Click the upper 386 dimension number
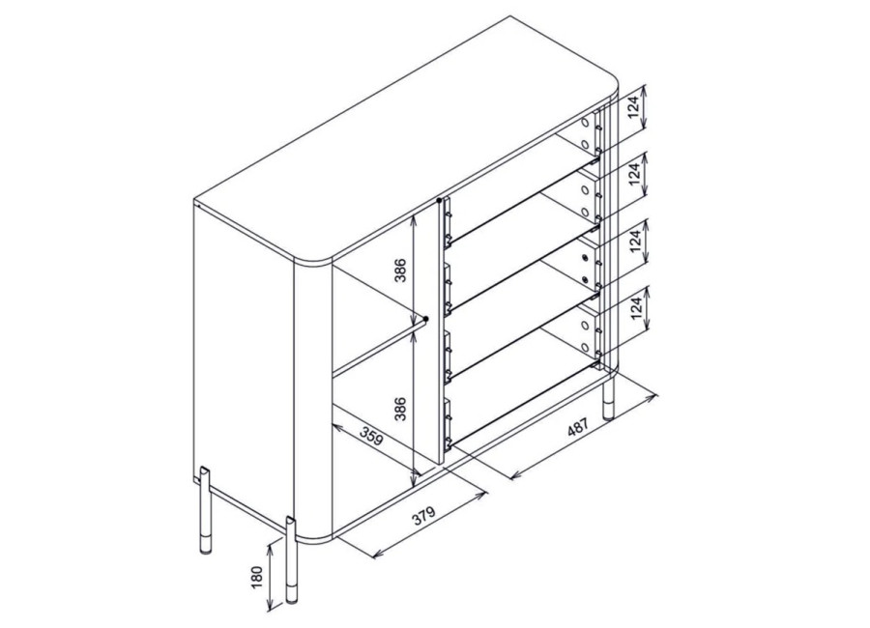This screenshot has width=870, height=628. point(400,271)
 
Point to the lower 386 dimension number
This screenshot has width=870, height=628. point(400,409)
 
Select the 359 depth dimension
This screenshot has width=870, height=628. point(371,436)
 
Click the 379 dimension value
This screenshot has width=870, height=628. point(424,516)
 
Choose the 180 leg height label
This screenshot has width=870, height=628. point(257,578)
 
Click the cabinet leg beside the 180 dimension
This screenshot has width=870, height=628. point(291,559)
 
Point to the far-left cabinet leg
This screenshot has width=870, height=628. point(205,510)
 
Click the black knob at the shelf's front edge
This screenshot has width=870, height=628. point(425,320)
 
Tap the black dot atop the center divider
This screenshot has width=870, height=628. point(440,200)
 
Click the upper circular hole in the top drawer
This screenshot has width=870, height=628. point(584,123)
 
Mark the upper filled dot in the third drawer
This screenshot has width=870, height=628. point(584,257)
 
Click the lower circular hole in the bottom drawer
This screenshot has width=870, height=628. point(584,348)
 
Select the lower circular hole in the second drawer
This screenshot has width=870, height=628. point(584,212)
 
